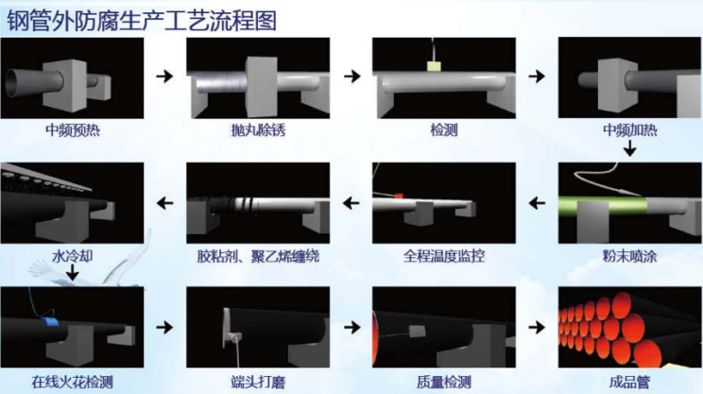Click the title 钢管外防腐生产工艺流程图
(x=142, y=21)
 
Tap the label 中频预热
(x=72, y=130)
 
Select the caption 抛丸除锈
(x=258, y=130)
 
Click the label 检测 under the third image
(x=444, y=130)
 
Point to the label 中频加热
(x=630, y=130)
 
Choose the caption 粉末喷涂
(x=630, y=256)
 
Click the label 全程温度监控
(x=444, y=256)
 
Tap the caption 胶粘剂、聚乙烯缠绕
(x=258, y=256)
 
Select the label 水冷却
(x=72, y=256)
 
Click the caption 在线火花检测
(x=72, y=383)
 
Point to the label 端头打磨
(x=258, y=383)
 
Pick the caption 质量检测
(x=444, y=383)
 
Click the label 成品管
(x=630, y=383)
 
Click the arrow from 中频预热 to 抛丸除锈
(x=164, y=77)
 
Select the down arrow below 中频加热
(x=630, y=148)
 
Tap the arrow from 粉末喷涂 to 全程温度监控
(x=537, y=203)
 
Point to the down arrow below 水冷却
(x=72, y=272)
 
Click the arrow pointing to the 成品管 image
(x=537, y=327)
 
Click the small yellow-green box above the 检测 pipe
(x=434, y=67)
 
